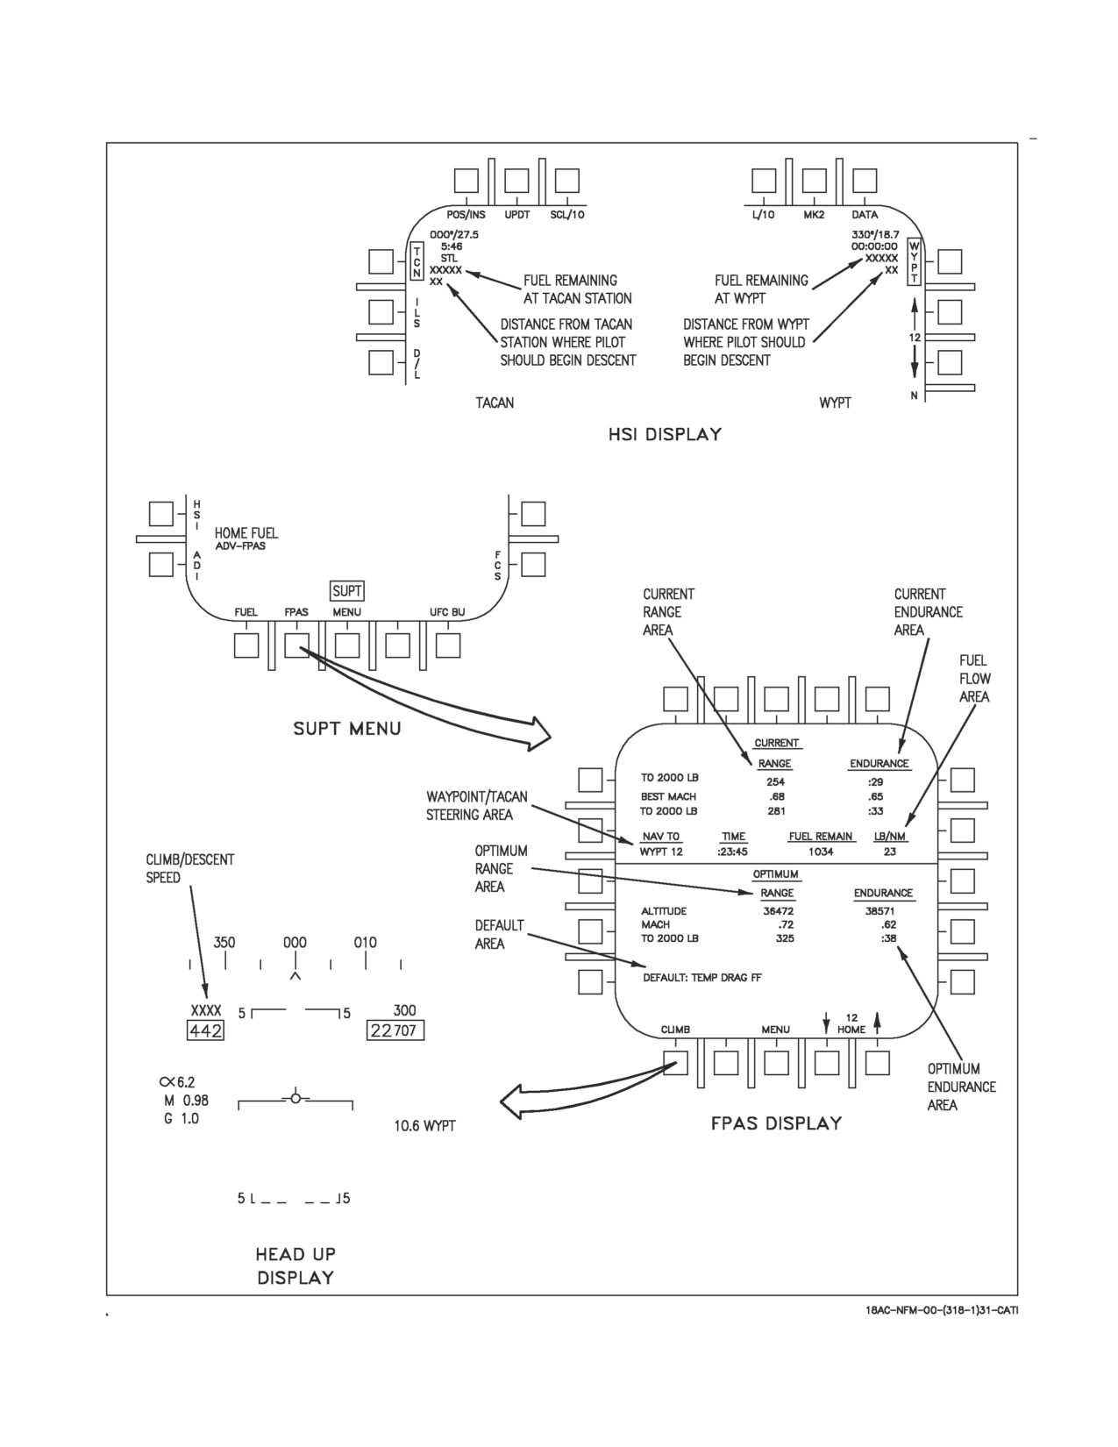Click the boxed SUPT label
click(347, 591)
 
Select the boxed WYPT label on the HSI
click(915, 261)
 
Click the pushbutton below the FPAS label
click(296, 645)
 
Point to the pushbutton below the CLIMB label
click(675, 1062)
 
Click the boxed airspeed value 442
click(205, 1030)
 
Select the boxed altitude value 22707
click(395, 1030)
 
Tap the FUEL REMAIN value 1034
click(821, 852)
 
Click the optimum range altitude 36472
click(778, 911)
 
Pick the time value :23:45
click(732, 852)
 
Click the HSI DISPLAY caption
click(665, 435)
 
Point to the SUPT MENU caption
click(347, 729)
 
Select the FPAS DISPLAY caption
click(776, 1123)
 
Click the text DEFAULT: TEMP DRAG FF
click(701, 978)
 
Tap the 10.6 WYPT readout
click(424, 1126)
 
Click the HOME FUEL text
click(246, 533)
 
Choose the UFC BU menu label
click(447, 613)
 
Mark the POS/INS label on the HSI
click(466, 215)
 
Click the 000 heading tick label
click(295, 943)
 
